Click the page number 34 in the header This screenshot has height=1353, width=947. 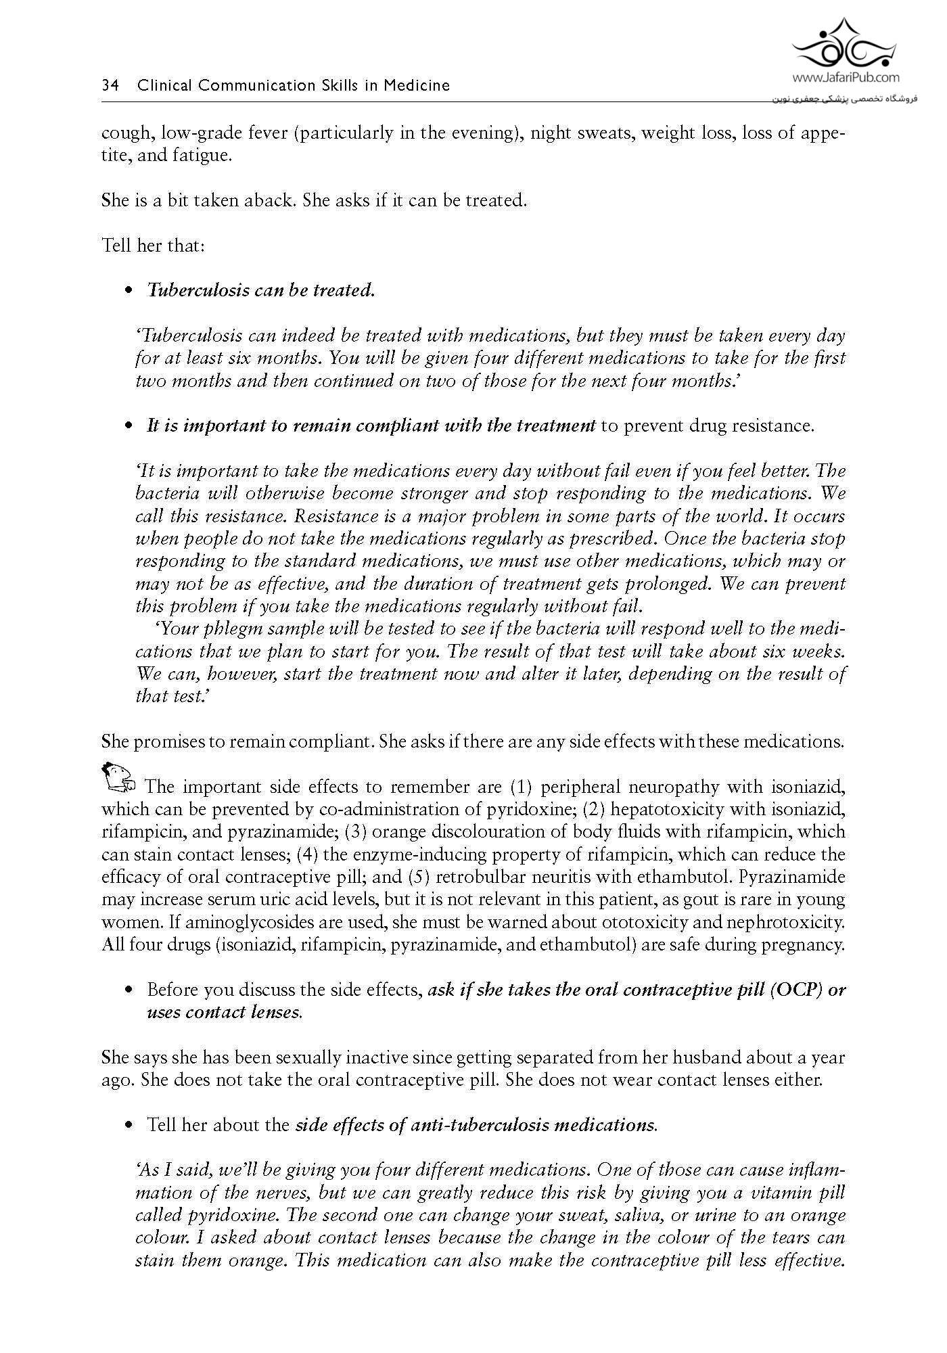click(110, 86)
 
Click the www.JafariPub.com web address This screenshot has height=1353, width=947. click(845, 78)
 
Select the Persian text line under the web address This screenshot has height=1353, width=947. click(844, 99)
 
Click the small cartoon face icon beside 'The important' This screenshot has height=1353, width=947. click(118, 777)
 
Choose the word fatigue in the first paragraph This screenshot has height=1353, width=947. click(201, 156)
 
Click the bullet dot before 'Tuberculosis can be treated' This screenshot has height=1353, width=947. click(129, 291)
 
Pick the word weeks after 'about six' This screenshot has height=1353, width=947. click(819, 651)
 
